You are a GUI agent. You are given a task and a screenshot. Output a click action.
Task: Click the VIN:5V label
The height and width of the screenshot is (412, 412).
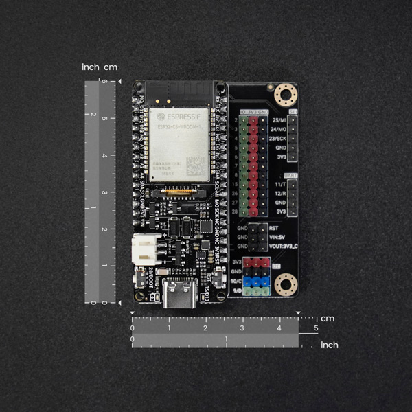click(x=278, y=237)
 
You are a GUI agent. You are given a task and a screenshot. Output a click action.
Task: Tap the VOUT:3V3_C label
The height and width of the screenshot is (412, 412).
click(x=282, y=246)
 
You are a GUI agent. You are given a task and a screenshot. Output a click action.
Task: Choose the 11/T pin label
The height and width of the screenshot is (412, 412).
click(x=278, y=185)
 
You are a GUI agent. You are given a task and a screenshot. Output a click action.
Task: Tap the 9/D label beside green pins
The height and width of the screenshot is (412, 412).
click(x=237, y=291)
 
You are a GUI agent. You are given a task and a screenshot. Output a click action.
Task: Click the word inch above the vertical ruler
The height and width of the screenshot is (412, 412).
click(x=90, y=67)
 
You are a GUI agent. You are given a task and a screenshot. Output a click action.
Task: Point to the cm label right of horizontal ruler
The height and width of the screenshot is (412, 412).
click(x=328, y=319)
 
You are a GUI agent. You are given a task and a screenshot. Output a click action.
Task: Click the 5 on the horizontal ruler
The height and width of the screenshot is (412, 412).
click(x=316, y=328)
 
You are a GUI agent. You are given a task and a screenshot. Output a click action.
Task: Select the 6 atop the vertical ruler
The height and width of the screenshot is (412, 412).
click(x=104, y=82)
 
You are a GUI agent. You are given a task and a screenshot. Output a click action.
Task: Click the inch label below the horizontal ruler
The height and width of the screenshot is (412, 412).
click(x=330, y=345)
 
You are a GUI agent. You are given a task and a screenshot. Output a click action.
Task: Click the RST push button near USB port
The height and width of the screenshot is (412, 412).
click(x=215, y=279)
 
